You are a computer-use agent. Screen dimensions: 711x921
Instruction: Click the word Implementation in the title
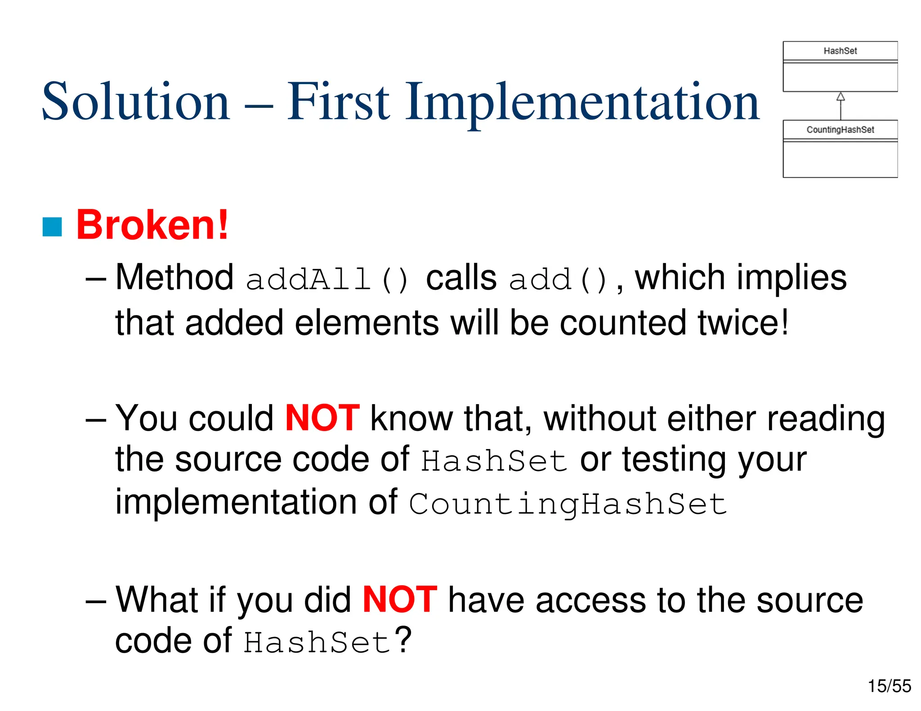click(x=582, y=102)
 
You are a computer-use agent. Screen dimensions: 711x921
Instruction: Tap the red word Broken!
click(x=152, y=225)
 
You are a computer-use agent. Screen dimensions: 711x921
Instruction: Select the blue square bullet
click(x=52, y=227)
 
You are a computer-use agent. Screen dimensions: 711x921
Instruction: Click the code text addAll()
click(x=327, y=279)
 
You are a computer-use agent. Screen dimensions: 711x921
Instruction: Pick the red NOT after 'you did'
click(x=400, y=600)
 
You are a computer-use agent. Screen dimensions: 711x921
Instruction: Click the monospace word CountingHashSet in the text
click(x=568, y=504)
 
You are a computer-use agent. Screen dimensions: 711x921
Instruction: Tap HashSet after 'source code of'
click(x=494, y=461)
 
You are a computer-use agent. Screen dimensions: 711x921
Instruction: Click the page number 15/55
click(x=889, y=686)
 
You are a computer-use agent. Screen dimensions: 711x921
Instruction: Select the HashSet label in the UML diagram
click(x=840, y=51)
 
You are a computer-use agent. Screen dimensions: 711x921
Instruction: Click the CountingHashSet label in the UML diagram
click(x=840, y=130)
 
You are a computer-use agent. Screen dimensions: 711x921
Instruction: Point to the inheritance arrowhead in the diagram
click(x=841, y=97)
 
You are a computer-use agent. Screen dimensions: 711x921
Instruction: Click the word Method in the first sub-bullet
click(x=174, y=277)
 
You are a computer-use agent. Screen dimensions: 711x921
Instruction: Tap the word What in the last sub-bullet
click(x=157, y=600)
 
